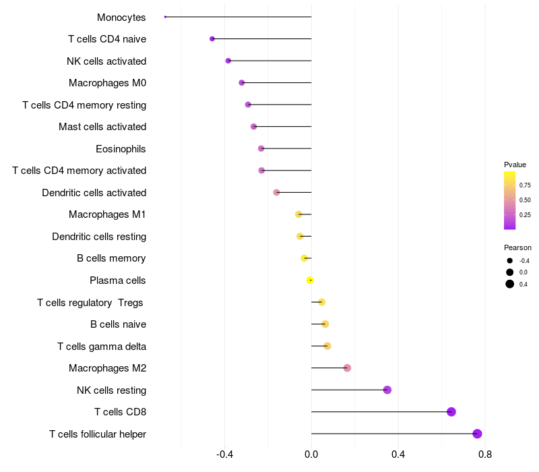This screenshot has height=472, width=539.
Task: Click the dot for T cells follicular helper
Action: (x=477, y=434)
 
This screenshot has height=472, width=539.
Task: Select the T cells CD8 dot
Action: (x=451, y=412)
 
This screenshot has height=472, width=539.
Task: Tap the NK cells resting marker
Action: (x=387, y=390)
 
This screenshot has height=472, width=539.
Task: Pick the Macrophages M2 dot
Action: (x=347, y=368)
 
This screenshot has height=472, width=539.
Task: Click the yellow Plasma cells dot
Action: (x=310, y=281)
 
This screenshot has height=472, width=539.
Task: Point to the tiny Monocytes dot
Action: (x=165, y=17)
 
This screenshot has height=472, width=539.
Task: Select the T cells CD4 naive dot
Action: (x=212, y=39)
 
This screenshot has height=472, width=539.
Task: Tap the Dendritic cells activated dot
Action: (x=276, y=192)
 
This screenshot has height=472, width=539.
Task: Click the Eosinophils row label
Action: (x=121, y=148)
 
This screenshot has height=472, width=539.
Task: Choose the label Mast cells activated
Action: (x=102, y=127)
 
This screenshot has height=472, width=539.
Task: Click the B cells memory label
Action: (x=111, y=258)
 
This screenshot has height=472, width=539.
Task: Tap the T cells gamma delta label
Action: (x=102, y=346)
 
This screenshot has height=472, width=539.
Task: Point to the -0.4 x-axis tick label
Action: (x=225, y=454)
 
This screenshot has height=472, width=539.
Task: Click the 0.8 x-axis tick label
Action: (x=484, y=454)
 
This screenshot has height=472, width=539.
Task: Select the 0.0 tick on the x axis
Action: (x=311, y=454)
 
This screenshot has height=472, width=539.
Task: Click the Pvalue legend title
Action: (x=515, y=165)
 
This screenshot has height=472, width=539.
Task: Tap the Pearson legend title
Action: (x=517, y=247)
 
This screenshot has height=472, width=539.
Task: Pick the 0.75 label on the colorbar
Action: (x=525, y=185)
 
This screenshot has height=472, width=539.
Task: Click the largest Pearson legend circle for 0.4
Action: (x=510, y=284)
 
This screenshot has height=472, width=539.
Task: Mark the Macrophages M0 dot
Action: (x=242, y=83)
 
